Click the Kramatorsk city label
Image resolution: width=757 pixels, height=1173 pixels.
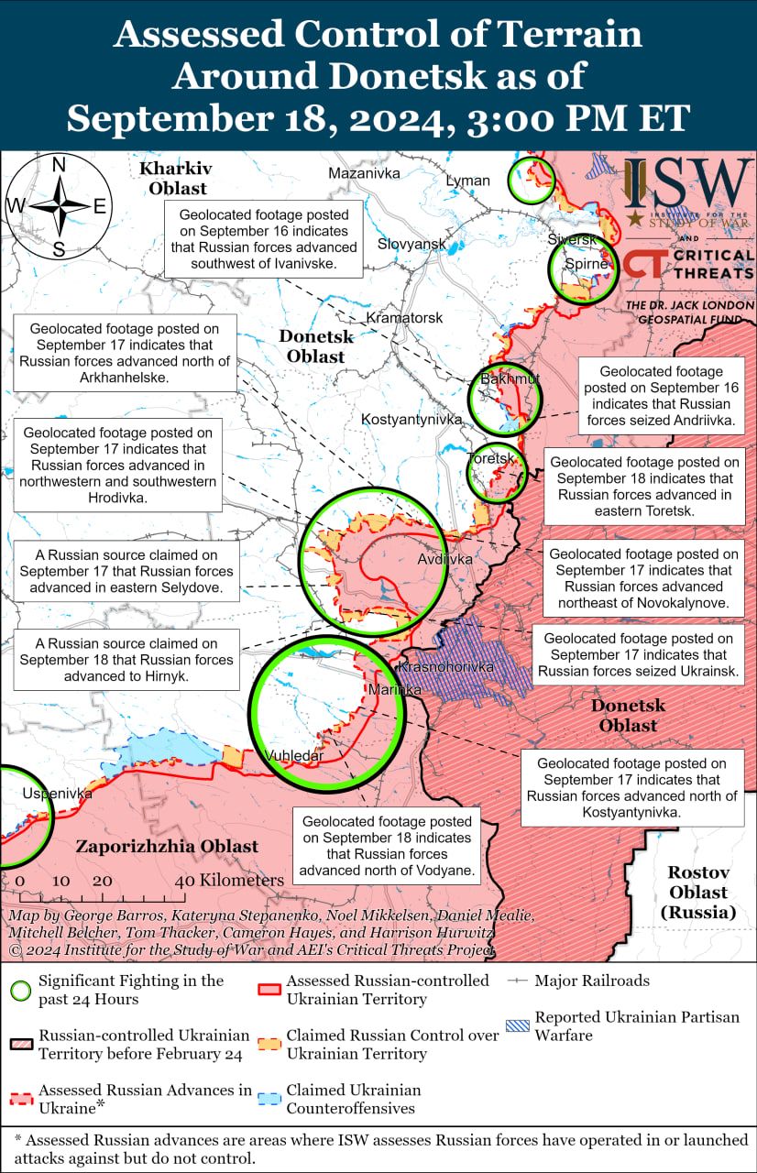click(404, 317)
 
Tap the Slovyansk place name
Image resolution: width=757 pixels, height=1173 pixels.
click(411, 244)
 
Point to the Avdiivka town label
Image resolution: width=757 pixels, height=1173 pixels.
click(444, 558)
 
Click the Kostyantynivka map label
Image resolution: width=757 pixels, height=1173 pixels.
click(411, 419)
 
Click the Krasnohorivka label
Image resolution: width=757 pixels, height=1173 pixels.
click(447, 666)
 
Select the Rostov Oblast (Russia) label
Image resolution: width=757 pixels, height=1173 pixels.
click(697, 892)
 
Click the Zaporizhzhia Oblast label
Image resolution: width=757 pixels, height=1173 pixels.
click(167, 846)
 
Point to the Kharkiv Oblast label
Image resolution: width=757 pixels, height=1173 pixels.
click(174, 178)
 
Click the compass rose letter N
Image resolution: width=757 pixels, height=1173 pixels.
click(59, 165)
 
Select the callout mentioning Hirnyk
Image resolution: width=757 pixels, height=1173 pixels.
click(126, 660)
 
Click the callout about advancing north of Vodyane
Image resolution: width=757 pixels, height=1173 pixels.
click(387, 846)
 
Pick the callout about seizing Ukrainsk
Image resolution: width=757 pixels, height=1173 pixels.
click(639, 655)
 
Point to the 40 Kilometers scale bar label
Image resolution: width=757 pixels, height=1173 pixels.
click(230, 880)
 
